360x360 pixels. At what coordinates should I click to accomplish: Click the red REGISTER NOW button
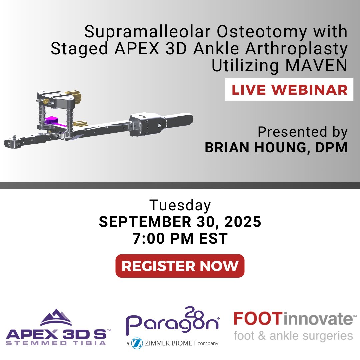180,266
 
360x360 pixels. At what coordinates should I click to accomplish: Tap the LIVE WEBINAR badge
289,90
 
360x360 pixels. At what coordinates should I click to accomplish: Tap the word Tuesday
180,206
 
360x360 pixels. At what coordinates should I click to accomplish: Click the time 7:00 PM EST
180,239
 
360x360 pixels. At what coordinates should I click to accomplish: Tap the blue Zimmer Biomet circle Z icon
137,343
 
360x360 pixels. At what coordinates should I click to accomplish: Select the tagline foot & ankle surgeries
293,335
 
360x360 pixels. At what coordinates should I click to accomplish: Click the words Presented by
302,132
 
